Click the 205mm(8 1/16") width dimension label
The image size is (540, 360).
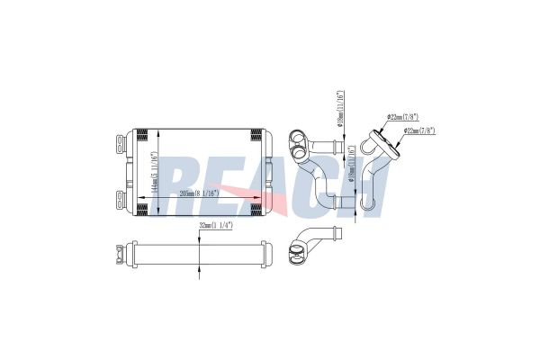click(211, 193)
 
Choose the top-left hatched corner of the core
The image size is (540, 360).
click(141, 136)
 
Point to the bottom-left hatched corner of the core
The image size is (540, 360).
click(141, 209)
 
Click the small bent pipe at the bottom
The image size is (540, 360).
click(311, 245)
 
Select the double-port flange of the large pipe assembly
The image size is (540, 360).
click(296, 141)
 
